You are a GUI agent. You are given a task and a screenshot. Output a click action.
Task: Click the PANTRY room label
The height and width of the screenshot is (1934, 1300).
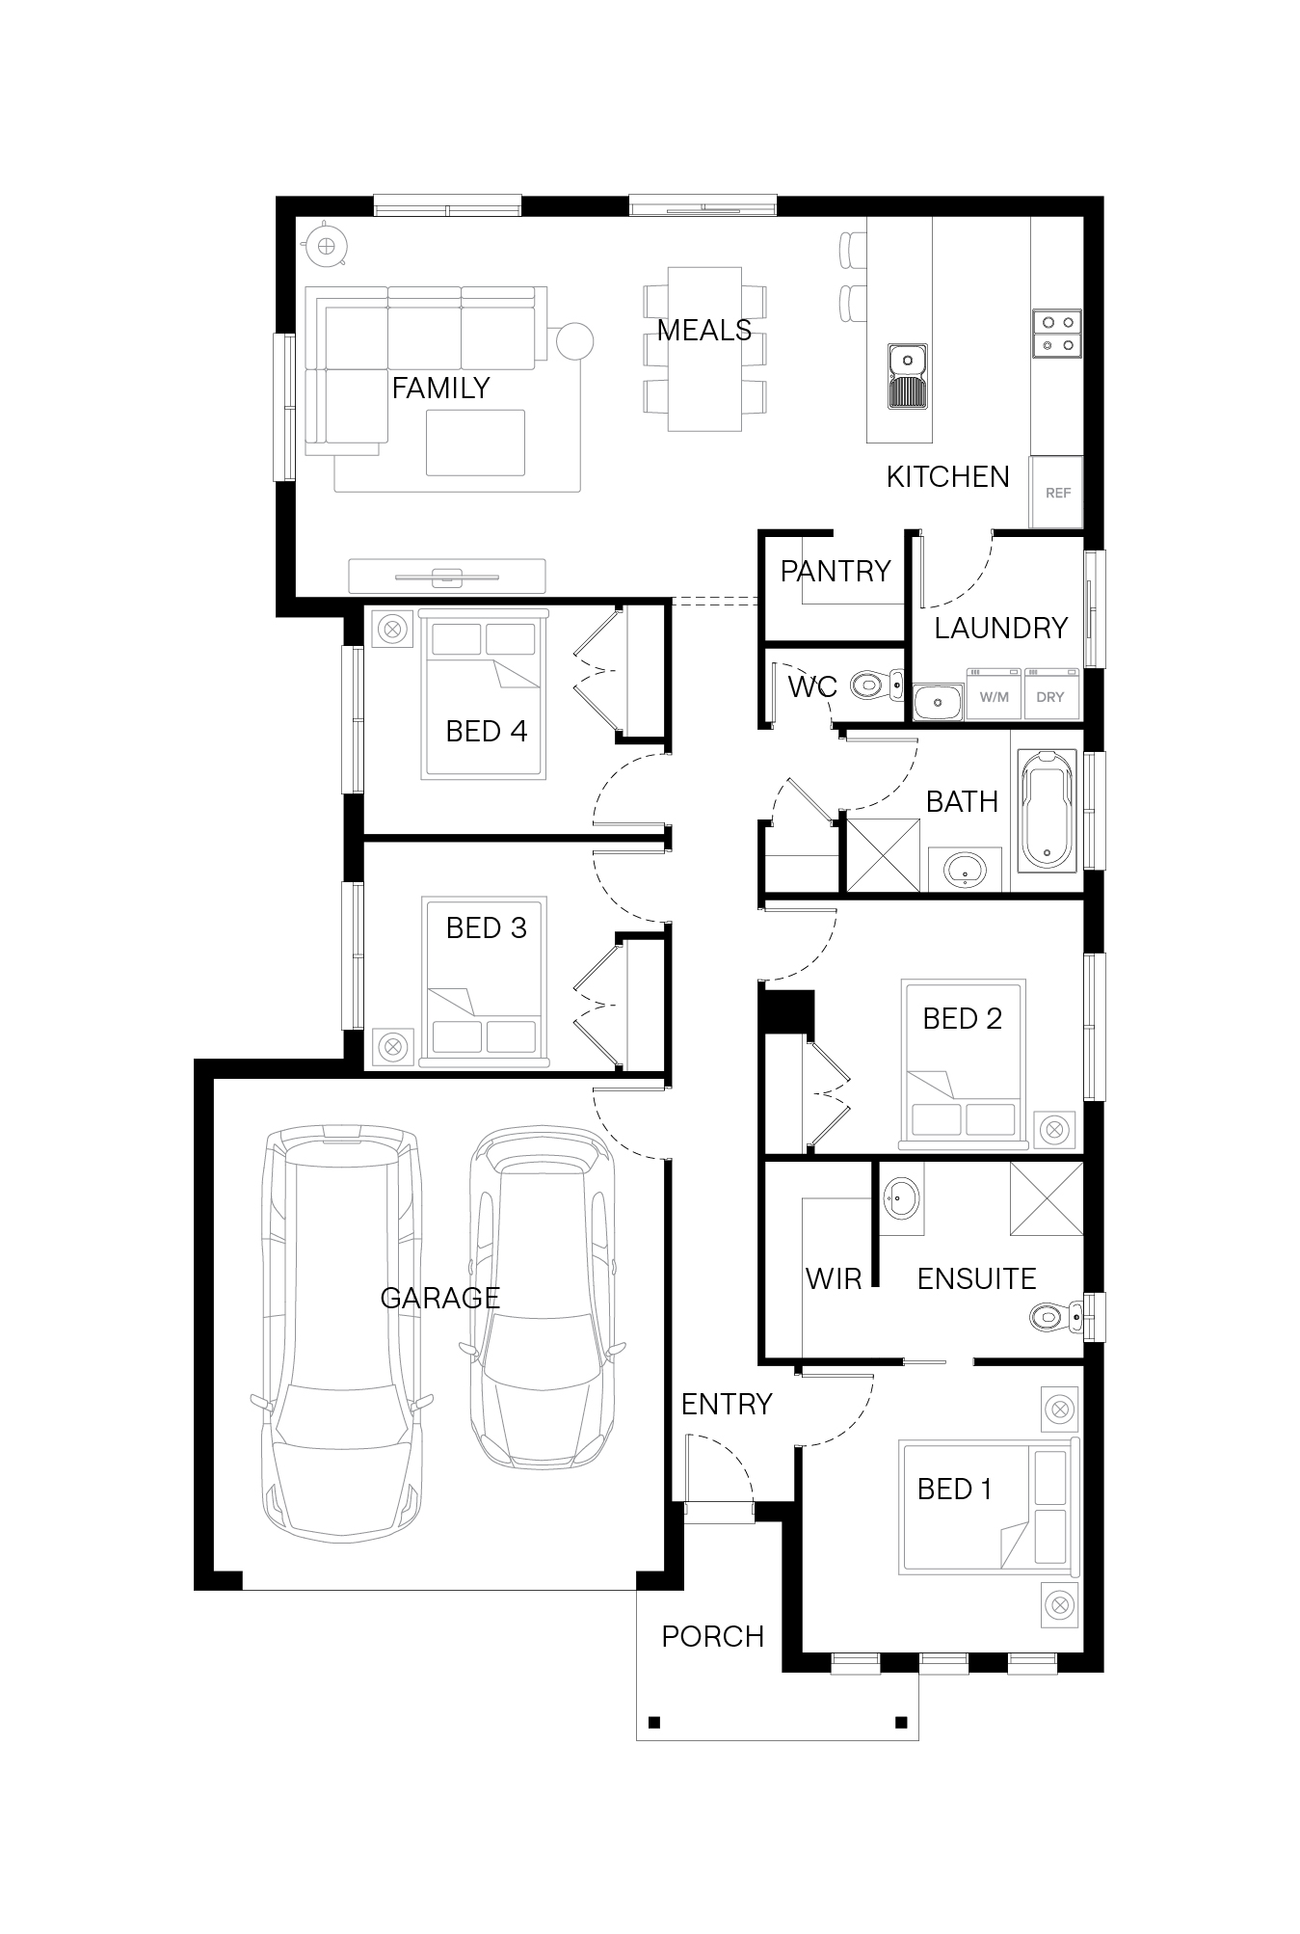pos(835,571)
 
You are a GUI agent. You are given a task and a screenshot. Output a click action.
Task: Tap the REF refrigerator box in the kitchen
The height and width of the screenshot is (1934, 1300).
pos(1057,492)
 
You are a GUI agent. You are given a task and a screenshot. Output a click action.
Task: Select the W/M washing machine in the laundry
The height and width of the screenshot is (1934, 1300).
pos(994,693)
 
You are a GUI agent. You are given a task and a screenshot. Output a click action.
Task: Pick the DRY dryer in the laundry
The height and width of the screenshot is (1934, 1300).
pos(1050,693)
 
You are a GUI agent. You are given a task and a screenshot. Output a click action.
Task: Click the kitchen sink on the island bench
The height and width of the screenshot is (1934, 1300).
pos(908,377)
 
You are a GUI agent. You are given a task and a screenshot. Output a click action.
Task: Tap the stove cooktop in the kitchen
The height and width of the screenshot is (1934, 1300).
pos(1057,333)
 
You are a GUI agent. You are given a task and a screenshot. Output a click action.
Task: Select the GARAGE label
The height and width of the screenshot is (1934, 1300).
pos(439,1298)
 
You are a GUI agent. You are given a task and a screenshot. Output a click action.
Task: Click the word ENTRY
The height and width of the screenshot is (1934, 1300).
pos(727,1404)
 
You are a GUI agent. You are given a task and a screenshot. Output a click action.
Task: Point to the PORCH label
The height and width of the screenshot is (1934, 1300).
pos(713,1636)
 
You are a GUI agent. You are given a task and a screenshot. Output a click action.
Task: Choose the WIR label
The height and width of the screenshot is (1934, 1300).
pos(834,1278)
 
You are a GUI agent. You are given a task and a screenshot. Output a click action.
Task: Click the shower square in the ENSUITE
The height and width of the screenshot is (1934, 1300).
pos(1047,1198)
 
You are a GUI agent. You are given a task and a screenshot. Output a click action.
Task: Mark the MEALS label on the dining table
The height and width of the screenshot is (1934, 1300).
pos(704,330)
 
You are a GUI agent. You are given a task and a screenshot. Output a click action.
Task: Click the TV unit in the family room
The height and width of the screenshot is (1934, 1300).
pos(447,576)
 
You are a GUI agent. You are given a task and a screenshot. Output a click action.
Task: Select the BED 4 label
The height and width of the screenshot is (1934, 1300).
pos(487,731)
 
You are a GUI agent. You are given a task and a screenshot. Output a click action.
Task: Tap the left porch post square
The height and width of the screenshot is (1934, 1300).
pos(654,1722)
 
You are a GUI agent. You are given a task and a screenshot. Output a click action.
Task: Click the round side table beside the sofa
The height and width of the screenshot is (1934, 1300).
pos(571,341)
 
